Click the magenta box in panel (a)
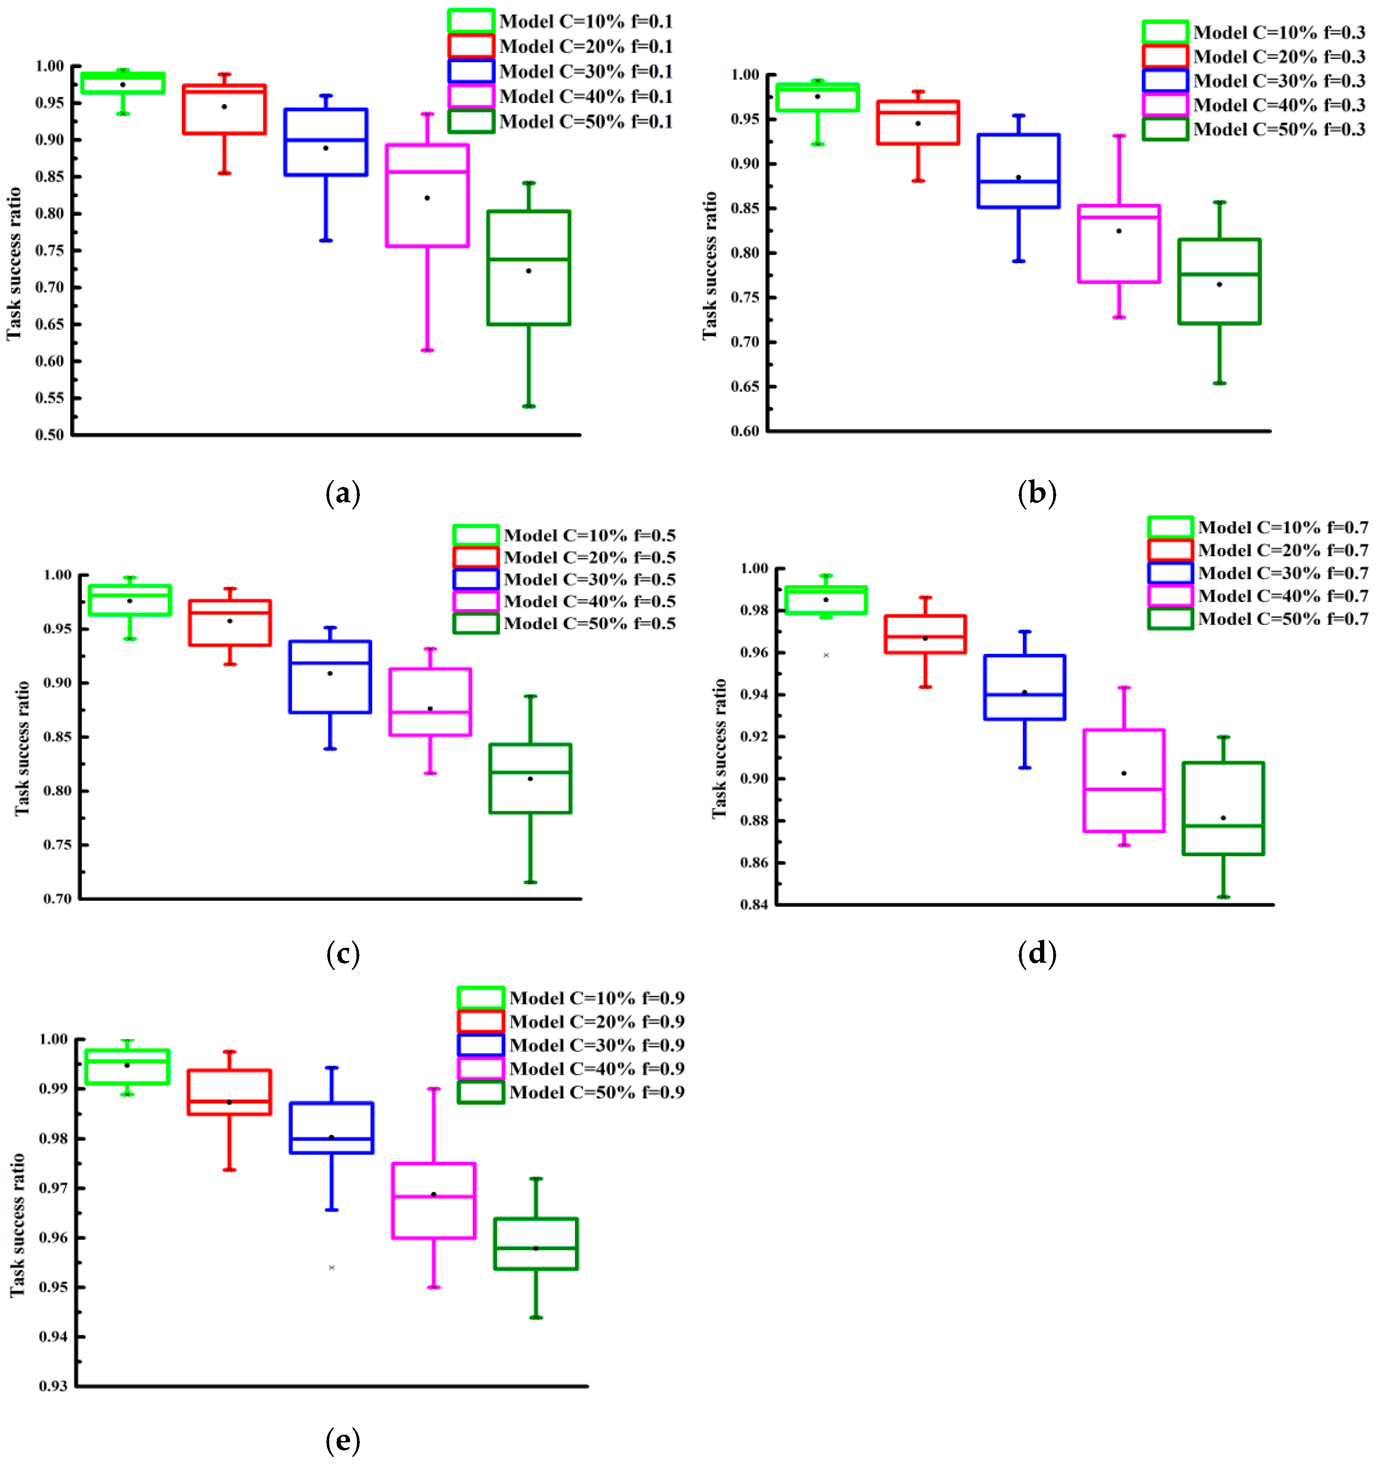[x=427, y=195]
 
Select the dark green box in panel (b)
[x=1219, y=282]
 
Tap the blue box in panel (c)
[x=330, y=676]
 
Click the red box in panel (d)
[x=925, y=634]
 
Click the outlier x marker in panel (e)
[x=331, y=1267]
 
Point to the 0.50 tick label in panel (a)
[x=50, y=435]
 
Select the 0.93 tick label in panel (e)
[x=53, y=1386]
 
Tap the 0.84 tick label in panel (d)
[x=754, y=905]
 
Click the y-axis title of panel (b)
[x=710, y=265]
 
